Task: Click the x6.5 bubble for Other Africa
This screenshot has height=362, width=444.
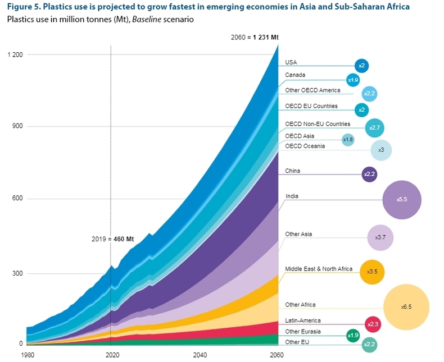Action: tap(406, 307)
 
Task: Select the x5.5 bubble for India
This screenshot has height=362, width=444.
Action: tap(402, 199)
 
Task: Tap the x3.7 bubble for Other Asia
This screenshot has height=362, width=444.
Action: tap(380, 237)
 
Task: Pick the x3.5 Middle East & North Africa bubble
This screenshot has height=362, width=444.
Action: tap(371, 272)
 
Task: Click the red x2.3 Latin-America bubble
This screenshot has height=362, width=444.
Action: tap(371, 324)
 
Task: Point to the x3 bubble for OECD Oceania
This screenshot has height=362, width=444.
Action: tap(380, 150)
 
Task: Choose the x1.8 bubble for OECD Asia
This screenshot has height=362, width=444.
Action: tap(348, 139)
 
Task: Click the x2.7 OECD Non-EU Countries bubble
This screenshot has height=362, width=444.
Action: tap(374, 128)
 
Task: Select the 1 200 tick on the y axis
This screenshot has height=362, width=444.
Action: tap(15, 54)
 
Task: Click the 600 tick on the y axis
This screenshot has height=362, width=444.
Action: tap(18, 199)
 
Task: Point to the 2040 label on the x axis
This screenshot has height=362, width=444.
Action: tap(200, 355)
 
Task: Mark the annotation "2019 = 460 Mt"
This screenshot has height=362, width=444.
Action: tap(112, 239)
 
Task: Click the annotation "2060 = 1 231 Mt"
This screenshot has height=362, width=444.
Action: tap(255, 37)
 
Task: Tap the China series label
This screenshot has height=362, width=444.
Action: tap(292, 171)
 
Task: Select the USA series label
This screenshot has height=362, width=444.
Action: tap(291, 62)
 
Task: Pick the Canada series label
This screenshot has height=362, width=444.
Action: tap(295, 75)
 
